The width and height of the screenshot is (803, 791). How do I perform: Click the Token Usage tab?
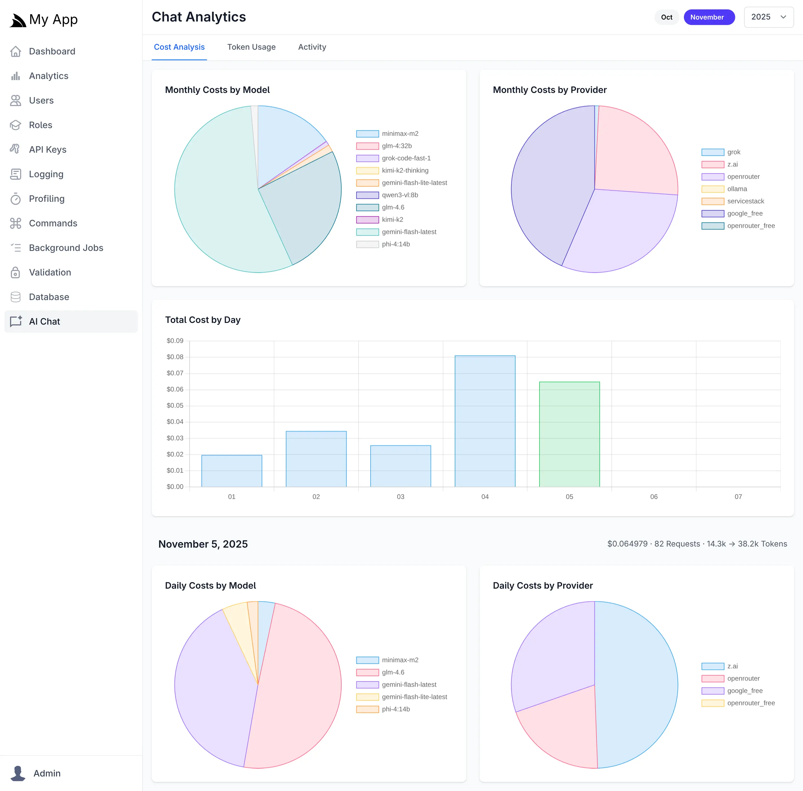coord(251,47)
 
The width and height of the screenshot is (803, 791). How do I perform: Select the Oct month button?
coord(666,17)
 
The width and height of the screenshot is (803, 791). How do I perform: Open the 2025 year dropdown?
coord(768,17)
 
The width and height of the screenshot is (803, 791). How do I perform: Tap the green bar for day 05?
coord(569,434)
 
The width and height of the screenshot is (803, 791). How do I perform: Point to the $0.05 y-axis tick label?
coord(175,406)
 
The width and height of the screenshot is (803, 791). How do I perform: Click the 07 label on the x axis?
coord(738,497)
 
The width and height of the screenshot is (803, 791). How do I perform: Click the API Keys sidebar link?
coord(48,150)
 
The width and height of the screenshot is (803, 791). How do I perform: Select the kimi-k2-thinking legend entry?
coord(405,170)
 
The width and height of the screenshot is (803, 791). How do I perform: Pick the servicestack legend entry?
coord(745,201)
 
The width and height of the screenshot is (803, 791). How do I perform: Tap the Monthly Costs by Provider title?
coord(550,90)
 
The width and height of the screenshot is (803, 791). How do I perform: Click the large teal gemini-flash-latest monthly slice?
coord(216,199)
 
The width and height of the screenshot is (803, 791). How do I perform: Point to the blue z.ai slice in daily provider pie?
coord(639,681)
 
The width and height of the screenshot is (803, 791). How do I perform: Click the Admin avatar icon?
coord(18,773)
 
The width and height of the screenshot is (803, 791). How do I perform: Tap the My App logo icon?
coord(18,20)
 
